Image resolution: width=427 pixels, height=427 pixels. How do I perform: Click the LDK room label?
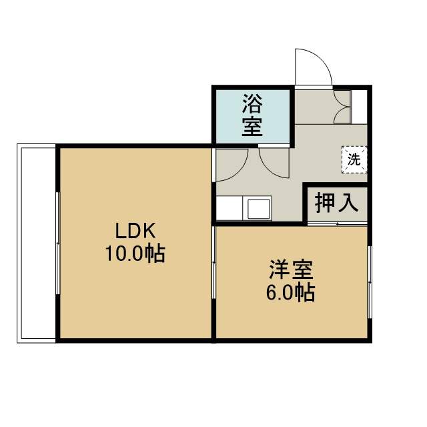(135, 231)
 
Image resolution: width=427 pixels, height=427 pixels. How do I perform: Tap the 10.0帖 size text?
(135, 254)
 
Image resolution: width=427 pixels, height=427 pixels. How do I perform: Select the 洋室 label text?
(291, 270)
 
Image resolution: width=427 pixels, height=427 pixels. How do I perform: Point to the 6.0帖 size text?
(291, 293)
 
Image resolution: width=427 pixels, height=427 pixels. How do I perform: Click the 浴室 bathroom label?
(252, 115)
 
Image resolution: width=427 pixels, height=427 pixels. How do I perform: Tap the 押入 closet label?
(336, 203)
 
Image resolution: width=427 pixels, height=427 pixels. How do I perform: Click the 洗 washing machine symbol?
(354, 159)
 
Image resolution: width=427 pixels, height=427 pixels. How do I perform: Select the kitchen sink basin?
(258, 209)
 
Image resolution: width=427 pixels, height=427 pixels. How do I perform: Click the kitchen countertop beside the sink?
(230, 208)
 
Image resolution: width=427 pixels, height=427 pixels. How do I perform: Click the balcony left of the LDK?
(37, 243)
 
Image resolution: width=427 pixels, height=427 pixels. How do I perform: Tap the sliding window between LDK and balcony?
(58, 243)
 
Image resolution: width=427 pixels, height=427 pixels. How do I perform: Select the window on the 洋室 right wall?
(370, 282)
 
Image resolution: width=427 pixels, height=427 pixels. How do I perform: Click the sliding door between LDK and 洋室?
(214, 262)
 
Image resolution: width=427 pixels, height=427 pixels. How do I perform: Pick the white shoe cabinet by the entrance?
(360, 107)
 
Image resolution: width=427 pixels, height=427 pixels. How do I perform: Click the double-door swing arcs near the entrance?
(342, 107)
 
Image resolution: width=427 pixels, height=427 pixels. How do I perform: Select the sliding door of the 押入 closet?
(337, 224)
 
